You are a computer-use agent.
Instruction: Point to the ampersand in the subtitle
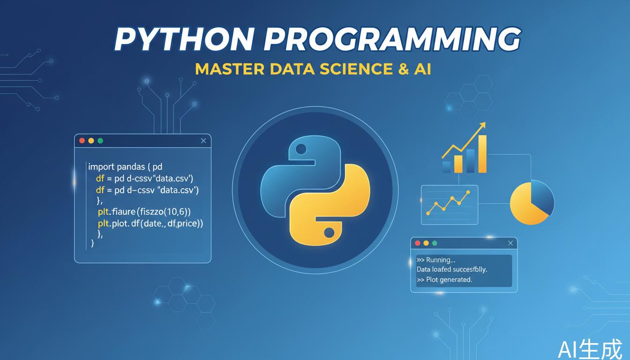point(401,68)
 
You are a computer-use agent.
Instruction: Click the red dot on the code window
point(82,141)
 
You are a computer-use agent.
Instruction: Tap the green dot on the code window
point(100,141)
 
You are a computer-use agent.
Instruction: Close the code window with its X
point(203,141)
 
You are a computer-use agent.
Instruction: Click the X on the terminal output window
point(510,243)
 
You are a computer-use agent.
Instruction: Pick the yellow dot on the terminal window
point(426,243)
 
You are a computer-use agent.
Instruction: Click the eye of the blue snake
point(301,150)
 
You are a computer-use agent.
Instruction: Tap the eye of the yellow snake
point(329,232)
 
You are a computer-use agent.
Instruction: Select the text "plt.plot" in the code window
point(113,224)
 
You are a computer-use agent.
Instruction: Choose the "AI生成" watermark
point(590,349)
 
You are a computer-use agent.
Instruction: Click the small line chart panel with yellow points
point(449,204)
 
